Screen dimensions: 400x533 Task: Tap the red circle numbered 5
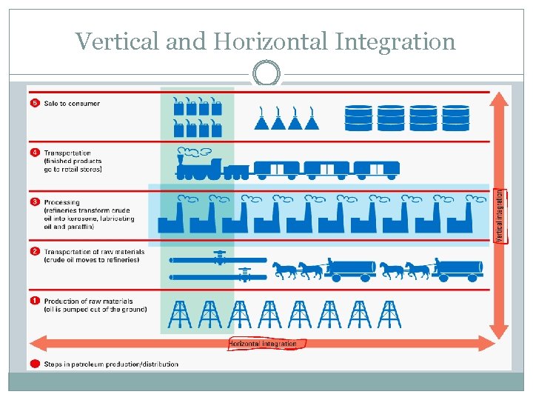[34, 103]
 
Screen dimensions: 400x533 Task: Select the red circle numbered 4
[34, 153]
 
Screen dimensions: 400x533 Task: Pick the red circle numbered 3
[34, 201]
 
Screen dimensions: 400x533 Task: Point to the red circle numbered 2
[34, 252]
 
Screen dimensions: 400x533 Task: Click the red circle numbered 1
[34, 301]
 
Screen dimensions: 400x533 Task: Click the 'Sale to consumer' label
[72, 104]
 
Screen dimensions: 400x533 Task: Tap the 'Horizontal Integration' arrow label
[263, 344]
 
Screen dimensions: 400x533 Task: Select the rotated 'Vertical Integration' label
[500, 216]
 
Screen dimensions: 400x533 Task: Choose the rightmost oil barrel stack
[456, 117]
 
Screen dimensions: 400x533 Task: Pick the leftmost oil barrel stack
[358, 117]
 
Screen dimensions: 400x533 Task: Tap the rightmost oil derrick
[389, 313]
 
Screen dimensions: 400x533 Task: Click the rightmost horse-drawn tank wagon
[457, 270]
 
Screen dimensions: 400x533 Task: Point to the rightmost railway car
[377, 170]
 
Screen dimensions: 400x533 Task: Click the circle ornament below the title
[266, 74]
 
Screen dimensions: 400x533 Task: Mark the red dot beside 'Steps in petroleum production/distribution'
[34, 364]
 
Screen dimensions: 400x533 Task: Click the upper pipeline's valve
[219, 258]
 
